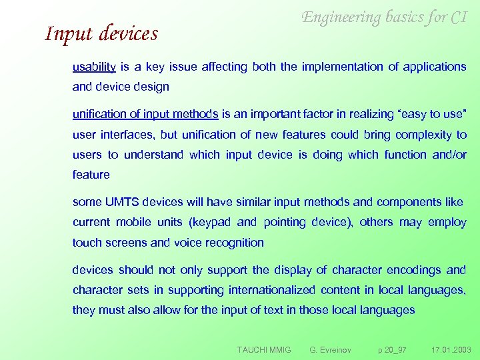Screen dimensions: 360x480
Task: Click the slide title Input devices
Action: [101, 33]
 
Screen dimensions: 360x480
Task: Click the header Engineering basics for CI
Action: [384, 17]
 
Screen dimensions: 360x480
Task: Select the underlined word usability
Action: [95, 67]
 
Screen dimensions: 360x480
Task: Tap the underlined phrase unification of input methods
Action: [145, 114]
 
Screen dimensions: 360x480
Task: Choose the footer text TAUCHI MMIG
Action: [264, 349]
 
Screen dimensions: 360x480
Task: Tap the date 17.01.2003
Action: [451, 349]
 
